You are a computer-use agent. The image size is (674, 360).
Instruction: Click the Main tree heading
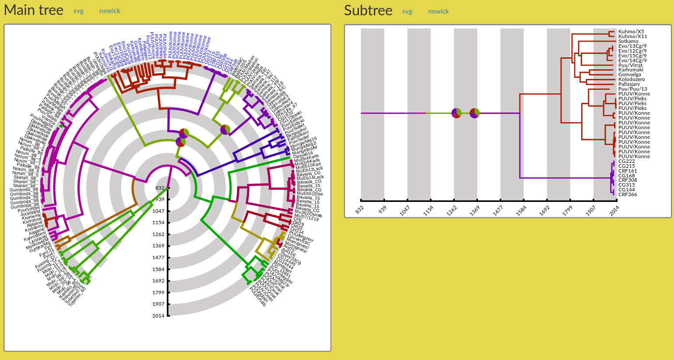point(34,10)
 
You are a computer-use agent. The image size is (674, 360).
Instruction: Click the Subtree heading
point(368,11)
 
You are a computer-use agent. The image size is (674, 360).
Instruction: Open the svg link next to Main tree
point(78,11)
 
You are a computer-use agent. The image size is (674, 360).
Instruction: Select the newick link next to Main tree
point(109,11)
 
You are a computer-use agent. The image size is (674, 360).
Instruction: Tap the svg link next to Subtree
point(407,11)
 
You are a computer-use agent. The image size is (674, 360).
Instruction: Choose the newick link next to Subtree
point(438,11)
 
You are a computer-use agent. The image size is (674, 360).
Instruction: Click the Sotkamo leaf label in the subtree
point(628,41)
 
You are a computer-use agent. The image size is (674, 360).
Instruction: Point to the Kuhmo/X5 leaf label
point(631,32)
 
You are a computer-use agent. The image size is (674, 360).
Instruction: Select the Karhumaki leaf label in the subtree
point(631,70)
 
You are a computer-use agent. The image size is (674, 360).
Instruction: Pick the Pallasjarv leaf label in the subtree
point(629,84)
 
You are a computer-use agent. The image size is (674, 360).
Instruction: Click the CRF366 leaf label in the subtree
point(628,194)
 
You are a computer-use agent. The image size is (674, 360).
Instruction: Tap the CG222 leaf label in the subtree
point(626,161)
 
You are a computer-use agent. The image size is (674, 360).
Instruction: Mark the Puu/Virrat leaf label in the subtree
point(630,65)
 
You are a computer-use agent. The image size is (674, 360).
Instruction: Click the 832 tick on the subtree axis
point(360,210)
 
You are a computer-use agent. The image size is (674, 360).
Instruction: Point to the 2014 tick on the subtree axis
point(614,210)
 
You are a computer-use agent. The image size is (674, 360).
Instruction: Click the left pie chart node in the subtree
point(456,113)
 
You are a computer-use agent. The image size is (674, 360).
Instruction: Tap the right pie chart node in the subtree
point(474,113)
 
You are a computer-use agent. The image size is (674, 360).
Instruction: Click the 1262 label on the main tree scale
point(158,234)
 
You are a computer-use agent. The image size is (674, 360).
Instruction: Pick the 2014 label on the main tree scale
point(158,316)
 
